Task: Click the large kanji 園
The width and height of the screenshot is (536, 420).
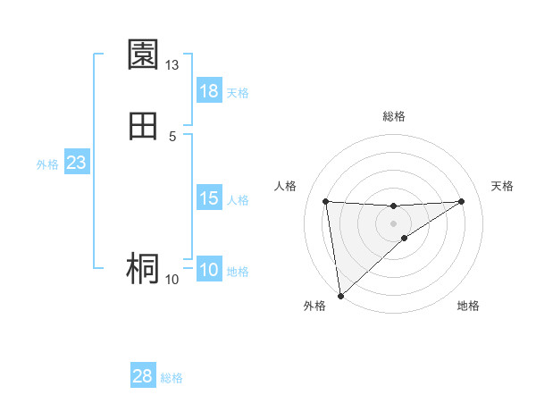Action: (143, 55)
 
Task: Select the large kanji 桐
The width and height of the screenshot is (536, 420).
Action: (143, 268)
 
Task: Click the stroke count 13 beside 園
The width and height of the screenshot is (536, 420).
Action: (172, 65)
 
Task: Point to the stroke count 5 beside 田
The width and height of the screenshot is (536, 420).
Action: (172, 136)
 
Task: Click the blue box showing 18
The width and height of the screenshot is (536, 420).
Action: (209, 91)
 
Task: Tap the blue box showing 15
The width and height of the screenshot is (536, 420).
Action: (209, 199)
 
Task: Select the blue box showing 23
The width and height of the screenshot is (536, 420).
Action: (76, 164)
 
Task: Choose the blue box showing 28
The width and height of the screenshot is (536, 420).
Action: (143, 376)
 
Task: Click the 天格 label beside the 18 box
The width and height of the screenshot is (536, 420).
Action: (238, 92)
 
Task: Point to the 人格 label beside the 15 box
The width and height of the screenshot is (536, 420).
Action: (238, 200)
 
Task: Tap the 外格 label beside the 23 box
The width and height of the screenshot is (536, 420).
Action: (47, 164)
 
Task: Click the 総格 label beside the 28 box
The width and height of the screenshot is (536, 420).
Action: (172, 378)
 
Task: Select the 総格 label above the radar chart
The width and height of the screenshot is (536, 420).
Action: (394, 116)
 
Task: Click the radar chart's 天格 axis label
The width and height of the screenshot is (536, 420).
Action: (502, 186)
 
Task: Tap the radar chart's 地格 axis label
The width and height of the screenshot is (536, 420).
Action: (468, 306)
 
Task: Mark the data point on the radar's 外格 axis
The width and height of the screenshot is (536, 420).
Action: (340, 295)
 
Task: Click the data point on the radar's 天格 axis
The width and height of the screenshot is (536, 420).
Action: (461, 201)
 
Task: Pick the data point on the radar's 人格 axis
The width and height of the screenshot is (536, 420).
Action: (326, 201)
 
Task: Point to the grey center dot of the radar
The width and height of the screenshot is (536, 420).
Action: (393, 223)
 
